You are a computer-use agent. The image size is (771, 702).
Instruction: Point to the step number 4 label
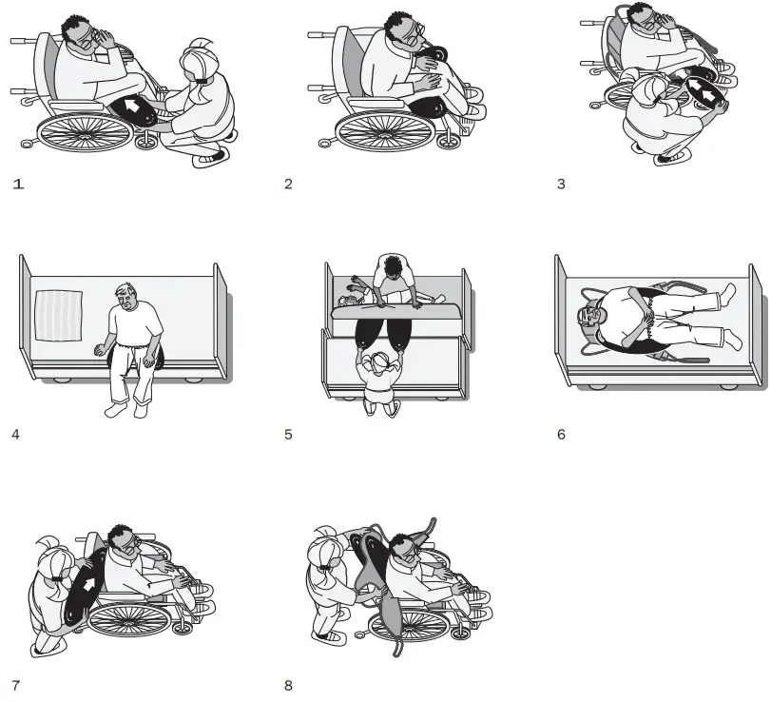(16, 435)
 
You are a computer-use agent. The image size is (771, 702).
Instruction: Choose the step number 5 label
(288, 435)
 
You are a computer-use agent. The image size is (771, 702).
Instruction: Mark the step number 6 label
(561, 435)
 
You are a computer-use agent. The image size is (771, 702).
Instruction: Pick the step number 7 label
(16, 685)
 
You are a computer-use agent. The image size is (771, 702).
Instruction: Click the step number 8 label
(288, 685)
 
